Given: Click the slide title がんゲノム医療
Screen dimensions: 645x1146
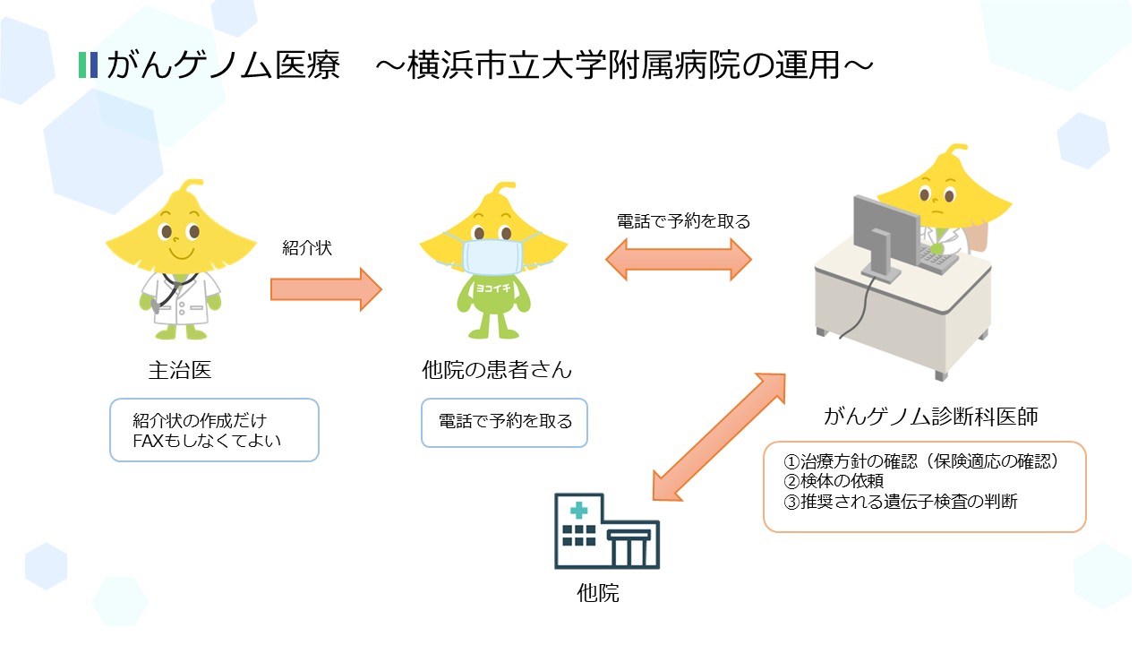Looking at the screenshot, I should click(x=223, y=65).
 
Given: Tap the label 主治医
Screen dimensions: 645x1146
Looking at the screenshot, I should click(x=180, y=369).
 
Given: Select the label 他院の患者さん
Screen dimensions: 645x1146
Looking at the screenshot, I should click(x=496, y=369).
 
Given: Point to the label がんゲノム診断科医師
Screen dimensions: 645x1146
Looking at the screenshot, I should click(x=931, y=417).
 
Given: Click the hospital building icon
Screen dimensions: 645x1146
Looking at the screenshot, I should click(x=606, y=531).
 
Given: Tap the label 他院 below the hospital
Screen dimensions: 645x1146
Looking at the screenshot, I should click(x=598, y=593).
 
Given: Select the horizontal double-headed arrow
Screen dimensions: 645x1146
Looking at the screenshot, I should click(x=678, y=260).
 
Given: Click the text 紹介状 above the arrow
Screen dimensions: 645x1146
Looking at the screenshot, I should click(x=307, y=248).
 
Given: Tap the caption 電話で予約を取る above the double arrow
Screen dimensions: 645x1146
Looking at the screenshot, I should click(x=683, y=220).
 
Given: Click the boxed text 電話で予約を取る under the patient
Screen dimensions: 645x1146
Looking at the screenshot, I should click(x=505, y=421).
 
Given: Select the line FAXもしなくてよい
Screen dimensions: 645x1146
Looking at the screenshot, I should click(x=212, y=442).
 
